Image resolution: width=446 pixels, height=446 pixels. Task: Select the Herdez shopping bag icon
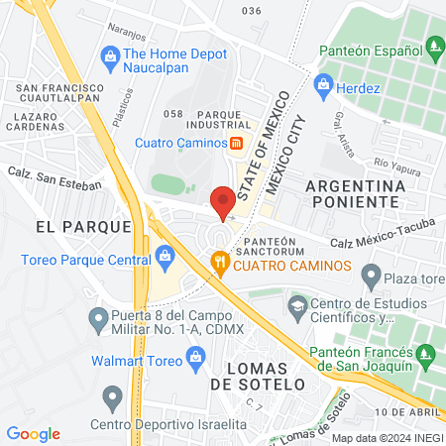(x=322, y=88)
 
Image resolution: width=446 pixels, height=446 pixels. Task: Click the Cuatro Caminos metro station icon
(x=237, y=143)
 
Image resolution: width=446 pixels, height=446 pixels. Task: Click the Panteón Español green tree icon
(x=433, y=46)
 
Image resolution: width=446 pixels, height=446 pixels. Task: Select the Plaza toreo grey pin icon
(x=371, y=274)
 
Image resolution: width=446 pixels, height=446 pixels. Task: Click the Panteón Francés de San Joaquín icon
(x=425, y=353)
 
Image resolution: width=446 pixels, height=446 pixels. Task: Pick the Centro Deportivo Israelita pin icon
(x=110, y=399)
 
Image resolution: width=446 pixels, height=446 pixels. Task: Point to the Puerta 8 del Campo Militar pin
(x=97, y=319)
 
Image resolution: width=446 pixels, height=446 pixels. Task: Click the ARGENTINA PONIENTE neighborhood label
(x=356, y=193)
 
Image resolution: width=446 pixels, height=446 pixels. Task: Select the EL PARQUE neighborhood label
(x=83, y=226)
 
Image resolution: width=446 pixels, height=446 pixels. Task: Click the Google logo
(x=33, y=434)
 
